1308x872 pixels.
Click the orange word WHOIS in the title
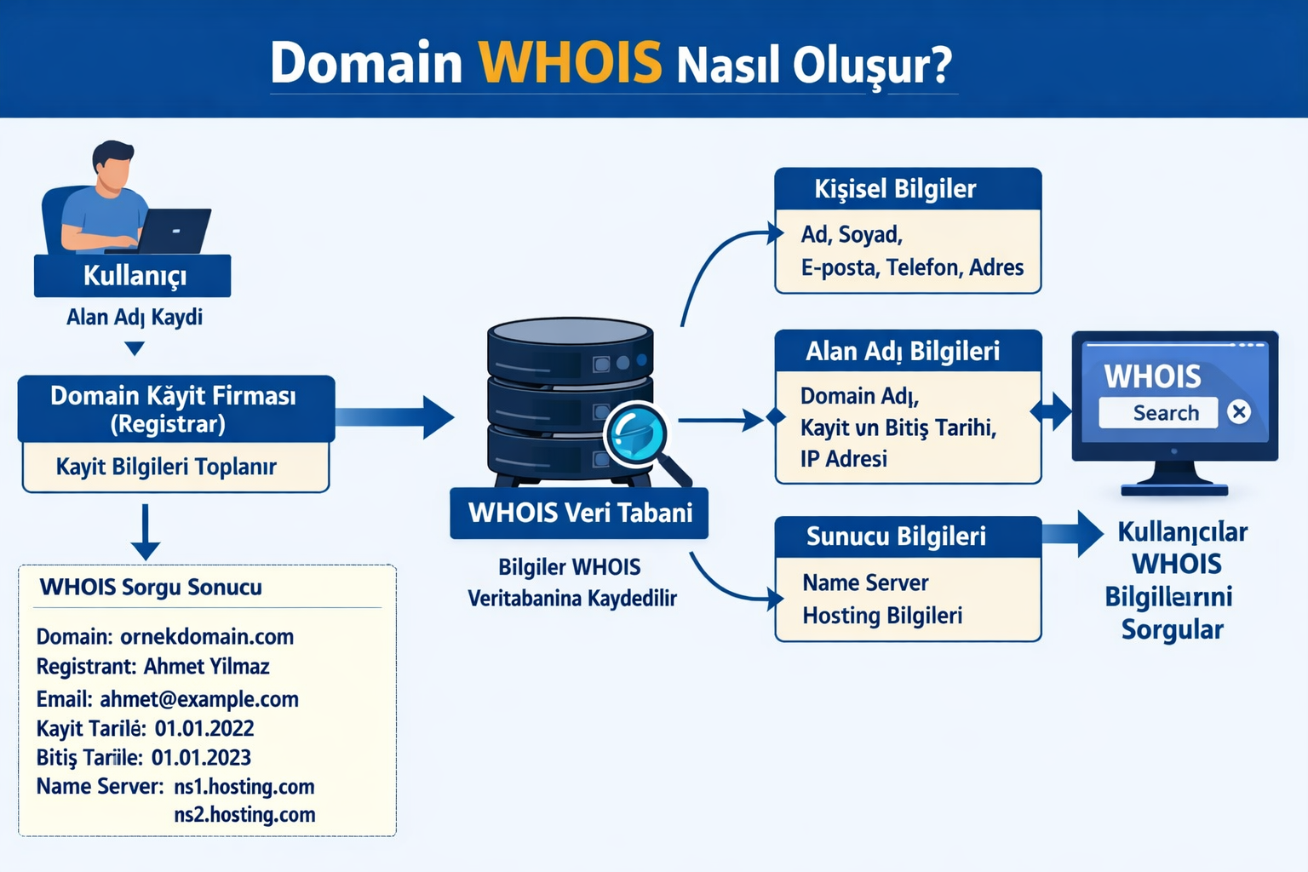coord(570,62)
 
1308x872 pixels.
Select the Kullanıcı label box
coord(133,276)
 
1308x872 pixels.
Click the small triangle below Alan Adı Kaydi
coord(134,347)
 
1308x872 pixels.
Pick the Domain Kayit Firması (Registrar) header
coord(175,409)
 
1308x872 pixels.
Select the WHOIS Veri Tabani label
coord(579,513)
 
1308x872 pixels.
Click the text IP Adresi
coord(844,459)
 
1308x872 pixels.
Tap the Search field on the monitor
coord(1159,413)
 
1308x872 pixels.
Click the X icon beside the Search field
coord(1239,412)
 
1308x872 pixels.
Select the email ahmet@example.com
coord(199,699)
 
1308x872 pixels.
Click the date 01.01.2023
coord(201,758)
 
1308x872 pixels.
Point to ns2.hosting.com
coord(244,815)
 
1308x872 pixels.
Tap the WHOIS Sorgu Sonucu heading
coord(151,588)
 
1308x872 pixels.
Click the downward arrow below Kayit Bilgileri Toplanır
coord(146,532)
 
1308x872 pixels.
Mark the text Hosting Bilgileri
coord(882,616)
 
